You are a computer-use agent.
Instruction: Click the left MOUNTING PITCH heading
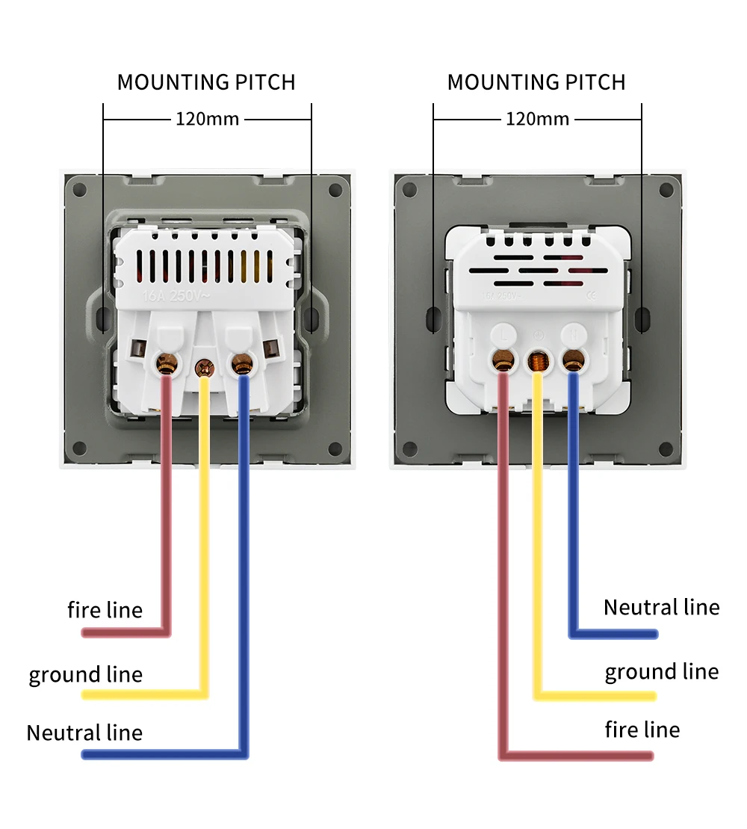click(x=206, y=82)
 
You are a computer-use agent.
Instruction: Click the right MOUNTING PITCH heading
click(x=536, y=82)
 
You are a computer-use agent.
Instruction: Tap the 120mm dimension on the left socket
click(x=207, y=119)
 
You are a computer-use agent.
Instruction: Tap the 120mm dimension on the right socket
click(x=537, y=119)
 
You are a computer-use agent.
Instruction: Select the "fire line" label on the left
click(x=105, y=610)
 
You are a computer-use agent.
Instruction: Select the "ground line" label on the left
click(x=85, y=674)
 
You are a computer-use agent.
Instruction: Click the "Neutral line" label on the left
click(x=84, y=733)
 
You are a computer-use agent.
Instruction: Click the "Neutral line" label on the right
click(x=661, y=607)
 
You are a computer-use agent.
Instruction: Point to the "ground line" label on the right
click(x=661, y=671)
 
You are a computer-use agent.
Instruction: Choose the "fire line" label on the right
click(x=642, y=730)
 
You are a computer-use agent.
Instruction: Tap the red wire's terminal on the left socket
click(x=165, y=364)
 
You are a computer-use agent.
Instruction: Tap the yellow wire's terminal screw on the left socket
click(x=203, y=367)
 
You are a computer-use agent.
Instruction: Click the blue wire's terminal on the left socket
click(x=241, y=364)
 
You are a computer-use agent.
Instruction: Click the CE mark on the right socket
click(x=591, y=295)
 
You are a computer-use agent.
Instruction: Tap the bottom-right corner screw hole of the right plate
click(x=665, y=449)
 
